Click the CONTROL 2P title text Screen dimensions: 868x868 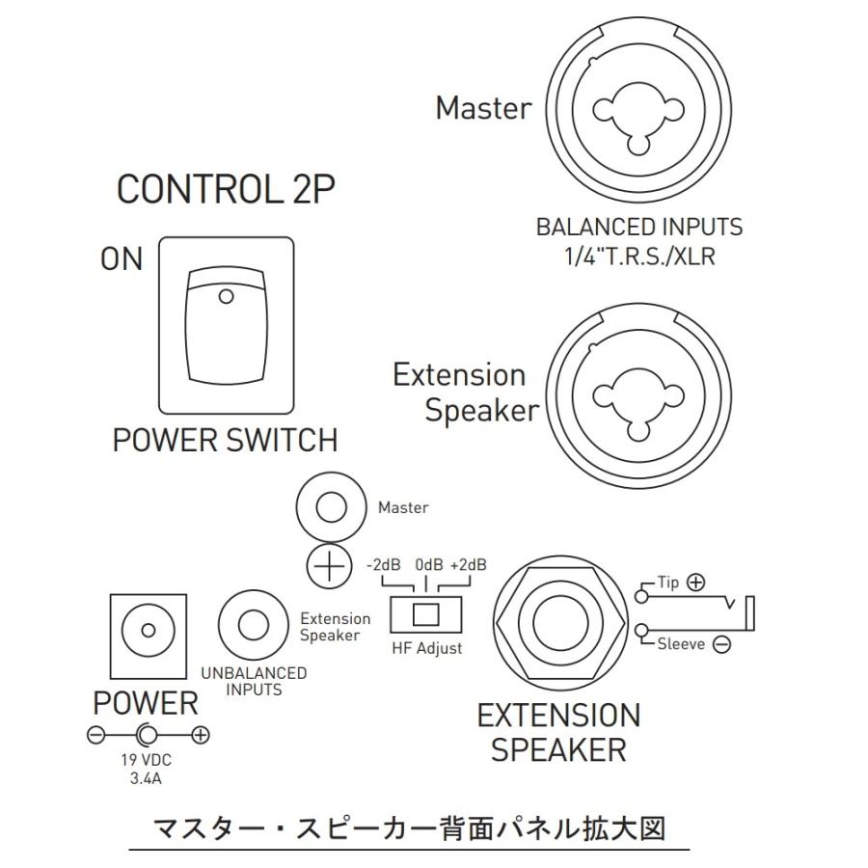226,189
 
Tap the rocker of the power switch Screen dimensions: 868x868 226,326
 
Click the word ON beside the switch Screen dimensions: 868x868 122,258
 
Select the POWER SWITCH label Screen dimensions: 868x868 225,440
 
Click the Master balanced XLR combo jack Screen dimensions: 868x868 638,109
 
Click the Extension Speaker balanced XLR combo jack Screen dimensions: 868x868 638,395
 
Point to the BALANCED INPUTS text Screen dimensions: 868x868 639,227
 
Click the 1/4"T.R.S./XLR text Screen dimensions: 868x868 639,257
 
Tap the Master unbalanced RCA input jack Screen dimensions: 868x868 331,507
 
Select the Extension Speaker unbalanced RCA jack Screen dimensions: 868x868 253,624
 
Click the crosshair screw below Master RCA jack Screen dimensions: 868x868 330,566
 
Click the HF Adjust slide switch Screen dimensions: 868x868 425,614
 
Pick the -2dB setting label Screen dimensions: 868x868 383,564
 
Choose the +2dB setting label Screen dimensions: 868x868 469,564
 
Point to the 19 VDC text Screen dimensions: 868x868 147,760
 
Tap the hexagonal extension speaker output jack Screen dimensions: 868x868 560,621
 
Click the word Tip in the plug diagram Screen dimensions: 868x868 667,583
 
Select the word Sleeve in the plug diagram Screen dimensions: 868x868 681,644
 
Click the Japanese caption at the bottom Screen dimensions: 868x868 409,829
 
